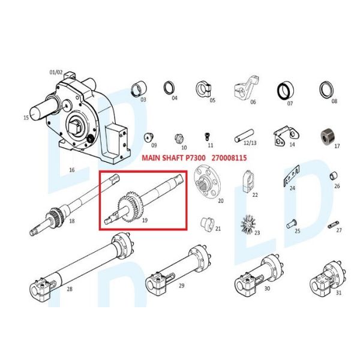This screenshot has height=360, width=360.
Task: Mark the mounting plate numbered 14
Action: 284,136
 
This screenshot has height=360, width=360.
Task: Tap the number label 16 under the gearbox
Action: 71,170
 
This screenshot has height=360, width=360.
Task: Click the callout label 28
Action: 70,289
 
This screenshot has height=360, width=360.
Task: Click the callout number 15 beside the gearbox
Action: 26,118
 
